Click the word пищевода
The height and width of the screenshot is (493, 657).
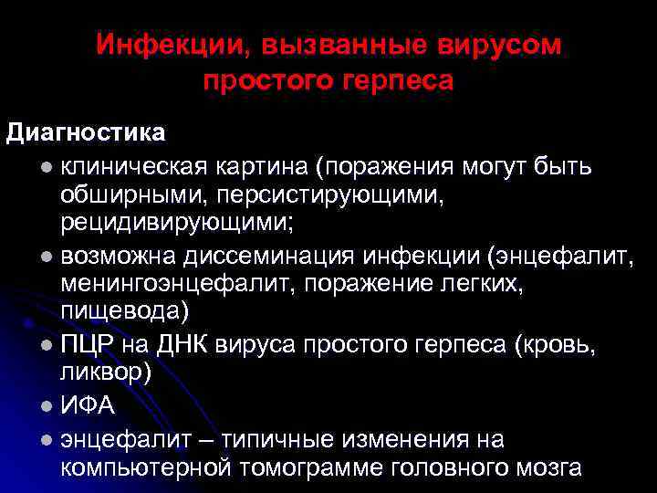pos(124,312)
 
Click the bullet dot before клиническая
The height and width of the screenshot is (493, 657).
pos(47,169)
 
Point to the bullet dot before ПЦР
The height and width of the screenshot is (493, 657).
pos(47,347)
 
